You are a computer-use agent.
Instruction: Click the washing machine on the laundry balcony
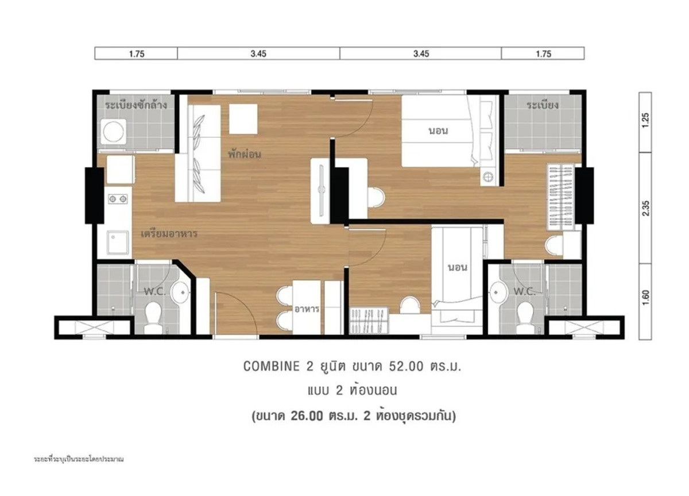pyautogui.click(x=114, y=132)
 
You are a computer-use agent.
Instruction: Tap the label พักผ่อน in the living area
pyautogui.click(x=245, y=154)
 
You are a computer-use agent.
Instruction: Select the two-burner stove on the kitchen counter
pyautogui.click(x=118, y=199)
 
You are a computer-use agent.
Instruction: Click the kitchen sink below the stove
pyautogui.click(x=118, y=243)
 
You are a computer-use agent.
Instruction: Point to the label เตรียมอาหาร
pyautogui.click(x=169, y=234)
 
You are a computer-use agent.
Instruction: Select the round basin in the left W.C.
pyautogui.click(x=180, y=291)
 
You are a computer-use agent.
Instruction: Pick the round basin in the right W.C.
pyautogui.click(x=498, y=291)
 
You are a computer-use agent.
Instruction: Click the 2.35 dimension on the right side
pyautogui.click(x=645, y=209)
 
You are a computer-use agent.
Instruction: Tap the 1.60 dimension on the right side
pyautogui.click(x=645, y=298)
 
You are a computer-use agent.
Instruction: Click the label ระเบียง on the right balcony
pyautogui.click(x=542, y=105)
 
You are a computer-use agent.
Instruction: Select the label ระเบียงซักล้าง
pyautogui.click(x=136, y=105)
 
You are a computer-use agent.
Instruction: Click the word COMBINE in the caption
pyautogui.click(x=271, y=366)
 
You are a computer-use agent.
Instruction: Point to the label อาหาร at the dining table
pyautogui.click(x=307, y=309)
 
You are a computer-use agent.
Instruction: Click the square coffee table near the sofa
pyautogui.click(x=243, y=119)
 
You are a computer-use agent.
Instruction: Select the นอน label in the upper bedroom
pyautogui.click(x=438, y=131)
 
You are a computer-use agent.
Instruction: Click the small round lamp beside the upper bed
pyautogui.click(x=488, y=176)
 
